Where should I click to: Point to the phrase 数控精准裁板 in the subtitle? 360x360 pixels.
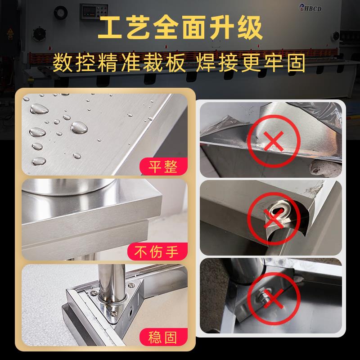pyautogui.click(x=119, y=63)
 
